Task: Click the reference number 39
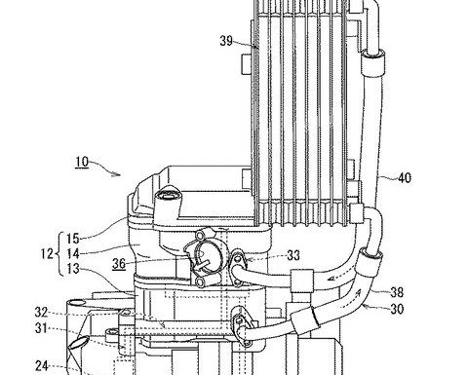click(x=226, y=41)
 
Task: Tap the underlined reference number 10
click(x=82, y=162)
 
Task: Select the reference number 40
click(x=405, y=178)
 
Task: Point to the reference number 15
click(x=73, y=239)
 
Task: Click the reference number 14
click(x=73, y=254)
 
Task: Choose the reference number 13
click(x=73, y=269)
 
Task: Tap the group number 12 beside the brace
click(x=47, y=253)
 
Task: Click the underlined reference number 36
click(x=119, y=264)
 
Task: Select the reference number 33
click(x=293, y=256)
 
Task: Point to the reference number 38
click(x=397, y=292)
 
